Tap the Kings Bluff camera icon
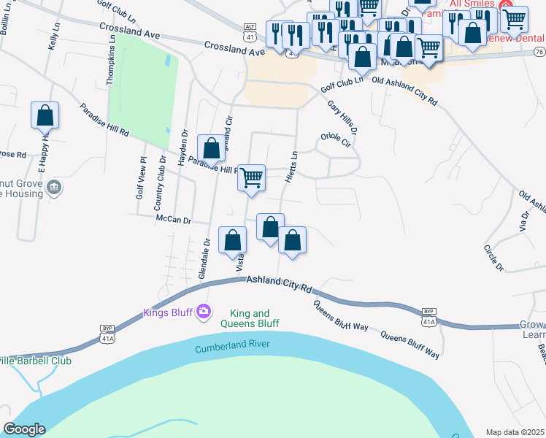point(204,312)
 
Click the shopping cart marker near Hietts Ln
point(251,177)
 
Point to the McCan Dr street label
point(172,220)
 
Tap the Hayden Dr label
point(182,148)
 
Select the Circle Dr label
point(494,257)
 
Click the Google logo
point(24,429)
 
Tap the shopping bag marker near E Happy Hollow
point(45,115)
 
